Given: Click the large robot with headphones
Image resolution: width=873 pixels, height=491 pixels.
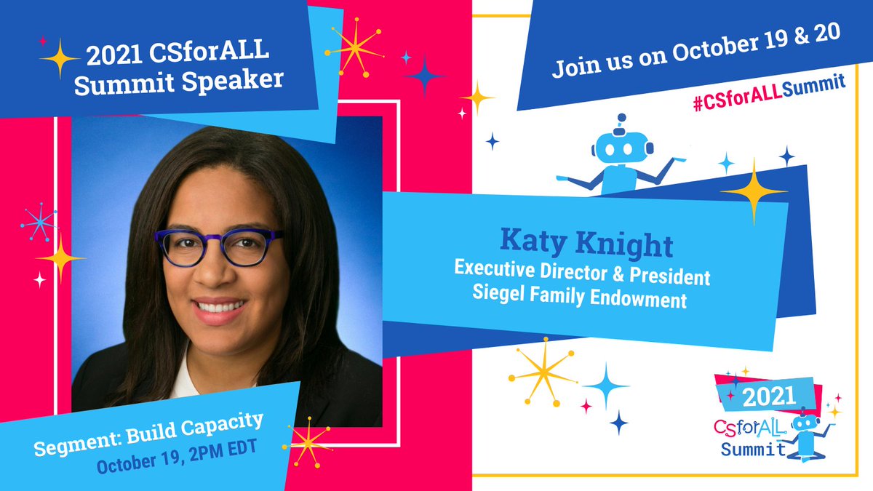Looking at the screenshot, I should click(x=621, y=156).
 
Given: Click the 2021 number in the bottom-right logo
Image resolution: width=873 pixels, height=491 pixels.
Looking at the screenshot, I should click(x=763, y=396).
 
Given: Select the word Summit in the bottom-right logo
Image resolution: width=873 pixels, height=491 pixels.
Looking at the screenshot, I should click(x=753, y=448).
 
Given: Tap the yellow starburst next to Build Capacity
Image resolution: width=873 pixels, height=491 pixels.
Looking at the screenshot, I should click(x=308, y=441).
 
